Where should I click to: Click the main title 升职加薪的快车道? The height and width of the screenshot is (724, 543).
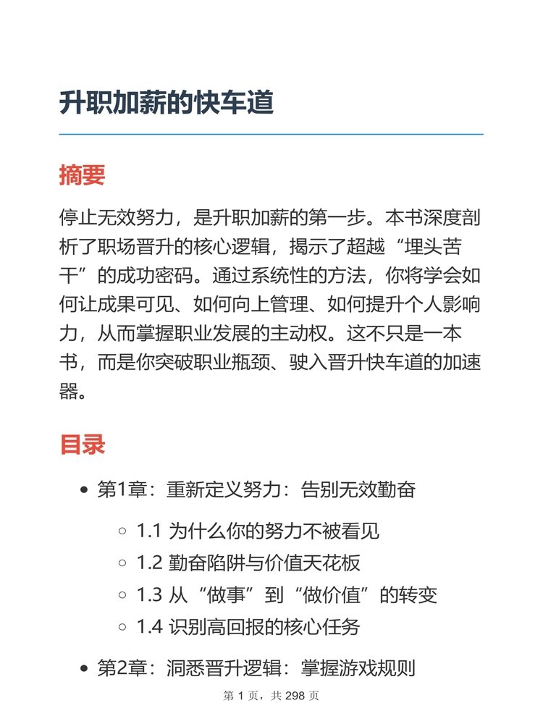(x=167, y=103)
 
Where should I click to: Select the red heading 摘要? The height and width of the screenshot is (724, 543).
(x=82, y=175)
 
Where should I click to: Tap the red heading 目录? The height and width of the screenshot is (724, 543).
(x=82, y=445)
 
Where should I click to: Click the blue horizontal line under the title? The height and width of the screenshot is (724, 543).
(x=271, y=135)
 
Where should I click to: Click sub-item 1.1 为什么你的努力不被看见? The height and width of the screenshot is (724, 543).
(x=258, y=531)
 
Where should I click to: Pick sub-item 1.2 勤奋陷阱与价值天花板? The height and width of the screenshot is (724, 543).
(x=248, y=563)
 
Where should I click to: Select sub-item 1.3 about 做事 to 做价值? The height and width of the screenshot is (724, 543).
(x=287, y=595)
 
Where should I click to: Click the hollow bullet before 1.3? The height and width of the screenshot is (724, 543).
(x=122, y=596)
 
